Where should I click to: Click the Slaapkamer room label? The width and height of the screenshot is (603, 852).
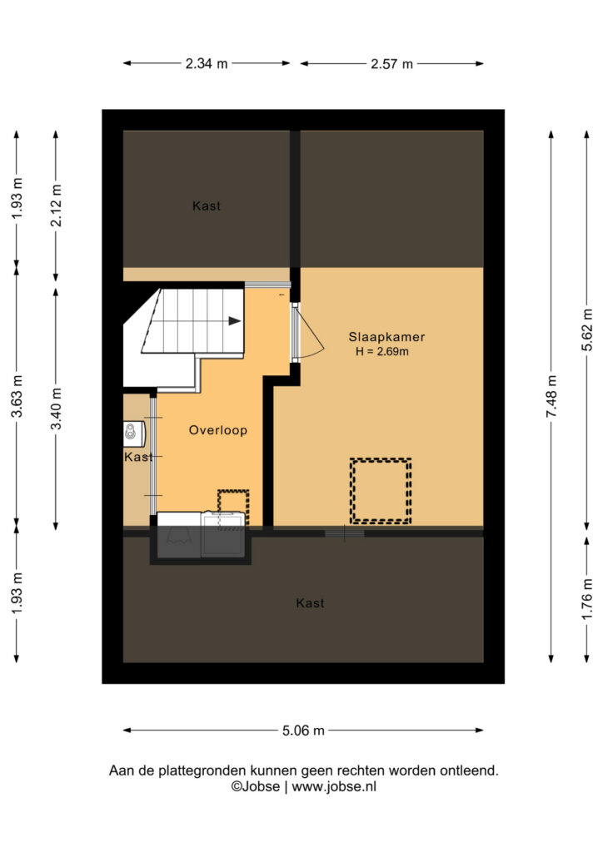click(x=386, y=338)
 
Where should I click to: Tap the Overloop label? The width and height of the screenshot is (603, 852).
click(x=218, y=430)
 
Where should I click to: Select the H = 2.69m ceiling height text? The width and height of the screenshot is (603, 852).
click(x=382, y=352)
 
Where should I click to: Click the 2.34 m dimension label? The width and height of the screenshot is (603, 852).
click(x=207, y=63)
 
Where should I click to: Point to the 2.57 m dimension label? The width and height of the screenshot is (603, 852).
click(x=392, y=64)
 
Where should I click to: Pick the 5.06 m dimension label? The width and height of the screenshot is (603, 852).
click(x=303, y=731)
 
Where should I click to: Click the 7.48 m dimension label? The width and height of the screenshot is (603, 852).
click(x=552, y=397)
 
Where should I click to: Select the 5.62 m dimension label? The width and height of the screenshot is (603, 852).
click(x=587, y=329)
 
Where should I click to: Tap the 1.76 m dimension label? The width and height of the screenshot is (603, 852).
click(x=587, y=599)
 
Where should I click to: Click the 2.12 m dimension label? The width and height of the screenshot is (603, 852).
click(x=56, y=206)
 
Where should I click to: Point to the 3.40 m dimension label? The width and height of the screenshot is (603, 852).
click(x=56, y=409)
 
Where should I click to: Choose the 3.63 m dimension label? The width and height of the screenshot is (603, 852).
click(x=17, y=397)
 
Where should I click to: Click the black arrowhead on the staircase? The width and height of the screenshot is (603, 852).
click(x=234, y=321)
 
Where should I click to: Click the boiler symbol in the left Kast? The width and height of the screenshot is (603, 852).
click(x=131, y=432)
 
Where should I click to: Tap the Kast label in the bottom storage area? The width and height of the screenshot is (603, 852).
click(x=311, y=603)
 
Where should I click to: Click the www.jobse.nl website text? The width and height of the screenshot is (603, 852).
click(x=334, y=787)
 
